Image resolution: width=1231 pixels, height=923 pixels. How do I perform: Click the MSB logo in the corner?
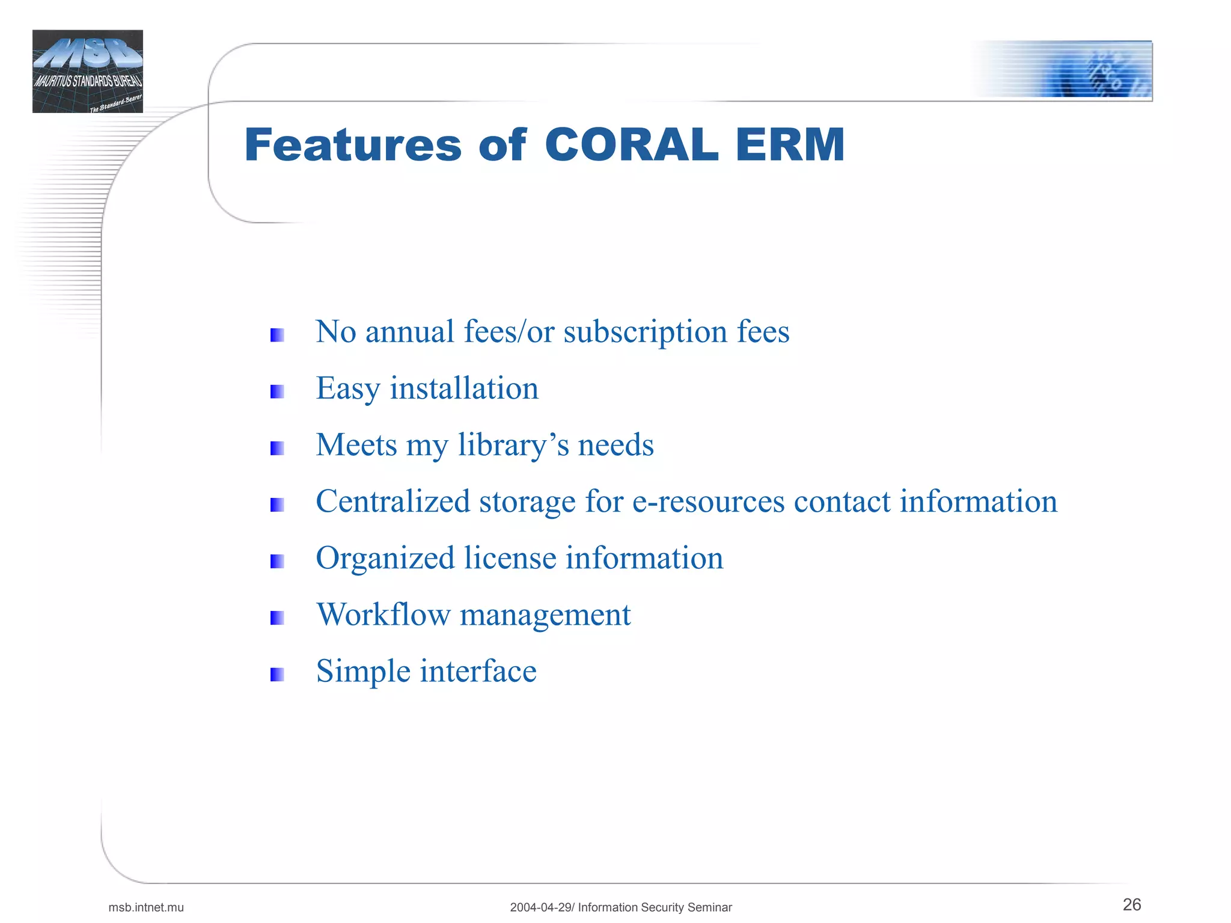[88, 71]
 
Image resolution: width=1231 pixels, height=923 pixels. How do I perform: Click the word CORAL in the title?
[631, 146]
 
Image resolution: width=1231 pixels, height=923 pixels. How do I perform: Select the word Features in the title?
[353, 146]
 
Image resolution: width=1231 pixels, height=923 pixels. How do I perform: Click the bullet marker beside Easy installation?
[277, 392]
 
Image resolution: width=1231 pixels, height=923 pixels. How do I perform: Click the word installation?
[464, 388]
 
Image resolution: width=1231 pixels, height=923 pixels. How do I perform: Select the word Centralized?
[393, 501]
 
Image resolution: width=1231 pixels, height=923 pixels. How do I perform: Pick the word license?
[510, 558]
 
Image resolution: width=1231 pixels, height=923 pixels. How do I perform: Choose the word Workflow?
[383, 615]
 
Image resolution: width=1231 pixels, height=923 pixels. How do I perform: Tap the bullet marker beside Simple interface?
[277, 675]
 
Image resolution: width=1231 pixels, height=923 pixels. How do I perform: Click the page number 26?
[1131, 904]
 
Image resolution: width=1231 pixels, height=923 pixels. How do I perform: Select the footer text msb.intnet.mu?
[146, 907]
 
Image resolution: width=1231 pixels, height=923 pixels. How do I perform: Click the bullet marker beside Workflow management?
[277, 618]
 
